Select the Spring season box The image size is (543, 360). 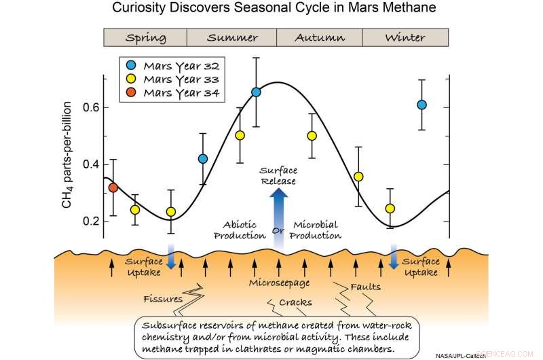point(145,37)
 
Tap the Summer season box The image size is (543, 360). point(231,37)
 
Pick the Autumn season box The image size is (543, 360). point(319,37)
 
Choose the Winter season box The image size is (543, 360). point(405,37)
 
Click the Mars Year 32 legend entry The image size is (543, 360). point(174,66)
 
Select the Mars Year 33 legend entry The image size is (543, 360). point(174,79)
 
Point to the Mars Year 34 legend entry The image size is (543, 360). point(174,92)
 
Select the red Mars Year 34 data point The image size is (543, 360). point(113,187)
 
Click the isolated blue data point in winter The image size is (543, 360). point(422,105)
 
